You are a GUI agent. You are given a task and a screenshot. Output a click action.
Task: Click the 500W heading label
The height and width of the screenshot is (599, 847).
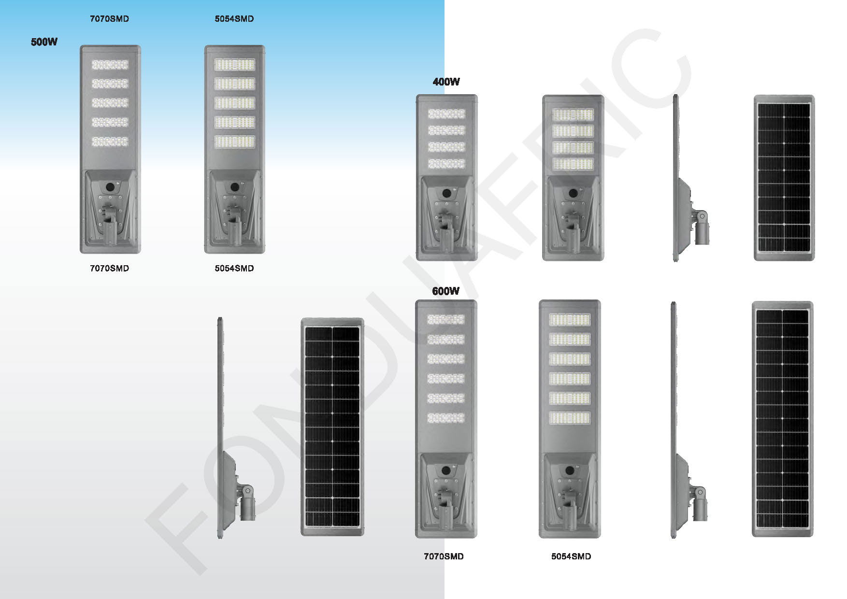(44, 42)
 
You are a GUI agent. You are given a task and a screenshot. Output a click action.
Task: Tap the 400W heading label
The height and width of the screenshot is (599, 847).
(446, 82)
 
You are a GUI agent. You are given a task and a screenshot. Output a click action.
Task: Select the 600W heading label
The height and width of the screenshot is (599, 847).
(445, 291)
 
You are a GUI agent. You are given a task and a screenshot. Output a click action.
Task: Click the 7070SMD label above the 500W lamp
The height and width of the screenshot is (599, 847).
(110, 19)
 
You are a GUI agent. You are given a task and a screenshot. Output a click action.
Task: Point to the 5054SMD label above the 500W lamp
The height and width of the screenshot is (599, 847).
(234, 19)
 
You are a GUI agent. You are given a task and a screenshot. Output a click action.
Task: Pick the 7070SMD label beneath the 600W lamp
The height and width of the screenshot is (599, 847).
(444, 556)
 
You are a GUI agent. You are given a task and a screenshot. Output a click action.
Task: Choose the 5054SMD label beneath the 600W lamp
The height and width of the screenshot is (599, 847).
(571, 556)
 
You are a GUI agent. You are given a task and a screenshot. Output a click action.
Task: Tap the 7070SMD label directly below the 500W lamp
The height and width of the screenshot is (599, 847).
(110, 268)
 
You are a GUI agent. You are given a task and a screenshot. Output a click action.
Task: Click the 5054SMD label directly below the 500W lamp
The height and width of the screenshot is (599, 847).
(234, 268)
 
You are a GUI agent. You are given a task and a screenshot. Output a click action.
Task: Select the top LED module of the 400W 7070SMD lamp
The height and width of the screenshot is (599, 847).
(446, 114)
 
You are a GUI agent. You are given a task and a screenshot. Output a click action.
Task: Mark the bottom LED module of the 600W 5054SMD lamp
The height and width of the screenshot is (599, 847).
(570, 418)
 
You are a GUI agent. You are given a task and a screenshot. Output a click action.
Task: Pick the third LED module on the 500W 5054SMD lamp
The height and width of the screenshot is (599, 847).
(234, 103)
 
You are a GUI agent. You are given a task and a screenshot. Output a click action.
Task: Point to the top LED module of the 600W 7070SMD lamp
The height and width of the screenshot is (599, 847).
(445, 319)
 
